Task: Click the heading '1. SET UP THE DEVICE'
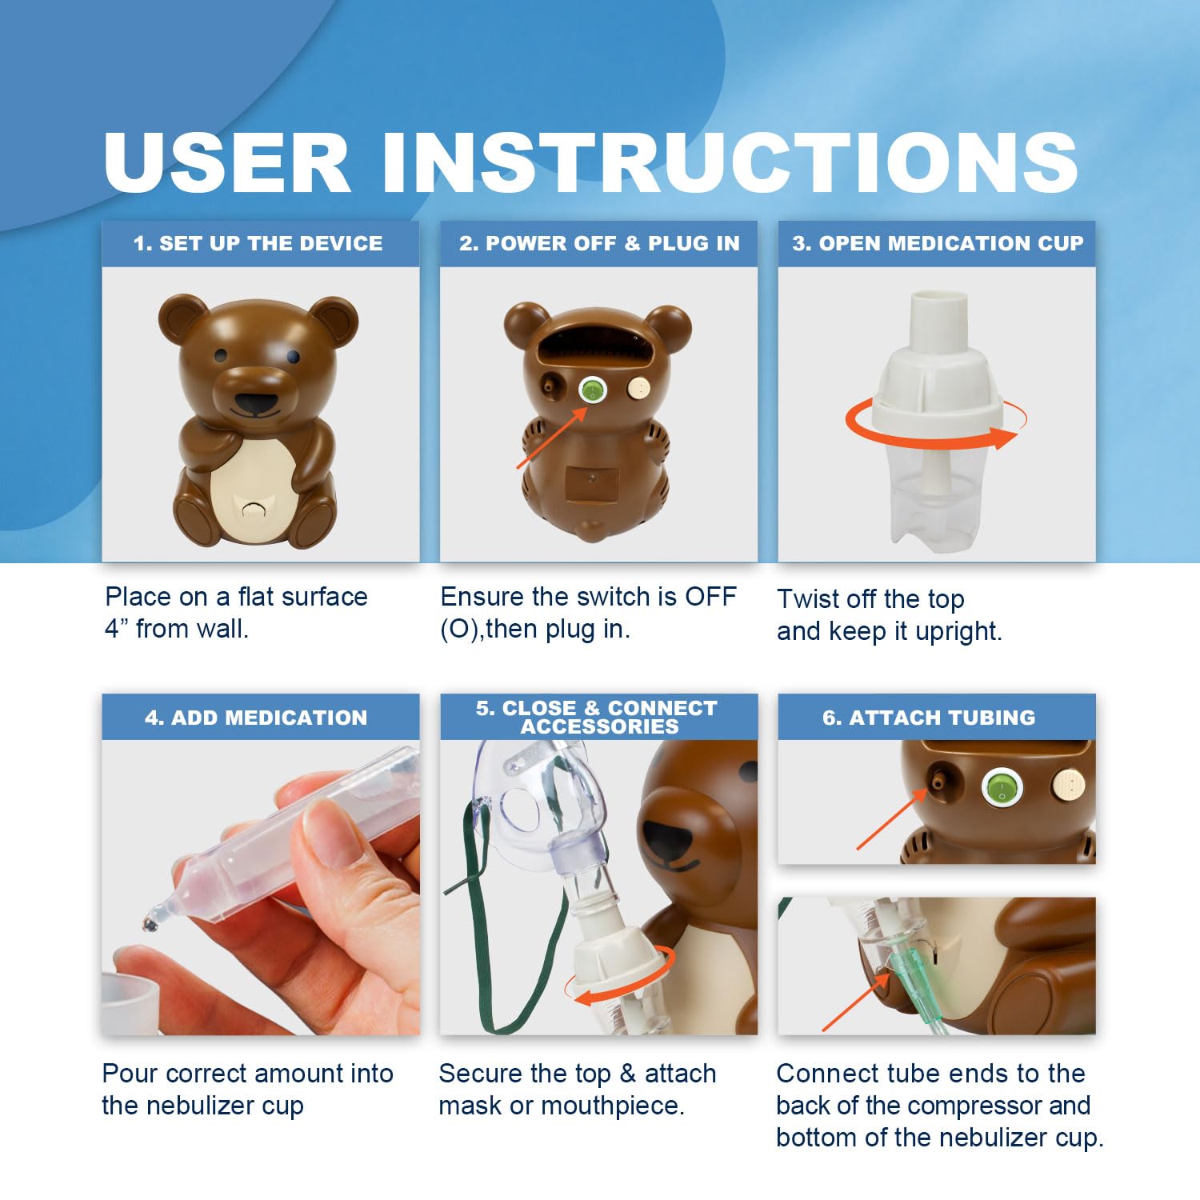point(258,243)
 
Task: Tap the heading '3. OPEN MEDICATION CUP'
point(938,243)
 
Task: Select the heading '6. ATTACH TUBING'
point(929,718)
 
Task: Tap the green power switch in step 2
point(592,390)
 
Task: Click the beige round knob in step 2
point(638,390)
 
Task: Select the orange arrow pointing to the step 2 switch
point(550,438)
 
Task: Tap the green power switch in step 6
point(1001,789)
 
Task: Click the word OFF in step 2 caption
point(710,597)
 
